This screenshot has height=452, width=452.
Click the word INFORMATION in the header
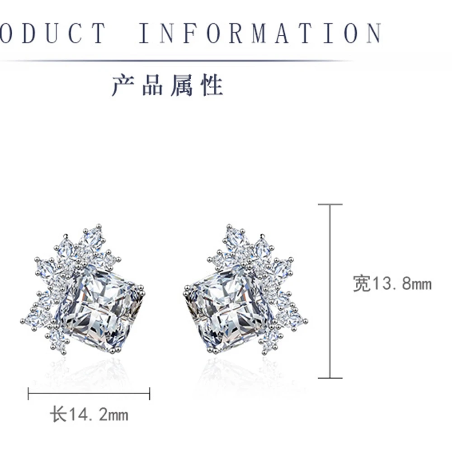260,33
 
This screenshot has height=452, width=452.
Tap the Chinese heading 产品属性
167,85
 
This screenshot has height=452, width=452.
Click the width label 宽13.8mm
392,284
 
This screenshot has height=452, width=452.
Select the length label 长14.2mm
89,414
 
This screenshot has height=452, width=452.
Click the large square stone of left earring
99,308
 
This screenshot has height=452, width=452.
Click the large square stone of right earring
229,308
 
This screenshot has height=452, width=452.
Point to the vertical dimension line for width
330,291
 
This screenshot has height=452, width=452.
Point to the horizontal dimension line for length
89,394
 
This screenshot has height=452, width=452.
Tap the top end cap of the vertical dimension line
330,204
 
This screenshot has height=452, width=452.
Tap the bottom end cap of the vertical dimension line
330,378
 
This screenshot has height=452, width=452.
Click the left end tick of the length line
28,394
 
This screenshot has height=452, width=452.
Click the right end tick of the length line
150,394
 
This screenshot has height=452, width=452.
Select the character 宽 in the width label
362,284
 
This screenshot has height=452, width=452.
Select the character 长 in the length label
58,414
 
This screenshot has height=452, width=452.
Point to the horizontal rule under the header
181,60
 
